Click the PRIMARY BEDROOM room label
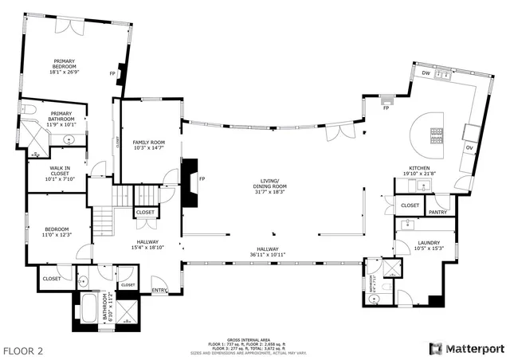coord(65,61)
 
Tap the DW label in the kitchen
coord(426,72)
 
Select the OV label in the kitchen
coord(469,148)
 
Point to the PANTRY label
coord(437,213)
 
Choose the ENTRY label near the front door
coord(159,290)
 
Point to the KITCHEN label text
coord(419,168)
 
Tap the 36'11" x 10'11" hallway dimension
coord(269,255)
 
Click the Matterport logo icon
coord(434,348)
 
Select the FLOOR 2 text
coord(25,350)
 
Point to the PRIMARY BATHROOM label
coord(61,116)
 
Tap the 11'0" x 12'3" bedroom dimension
coord(57,233)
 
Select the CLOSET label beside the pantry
coord(410,205)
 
